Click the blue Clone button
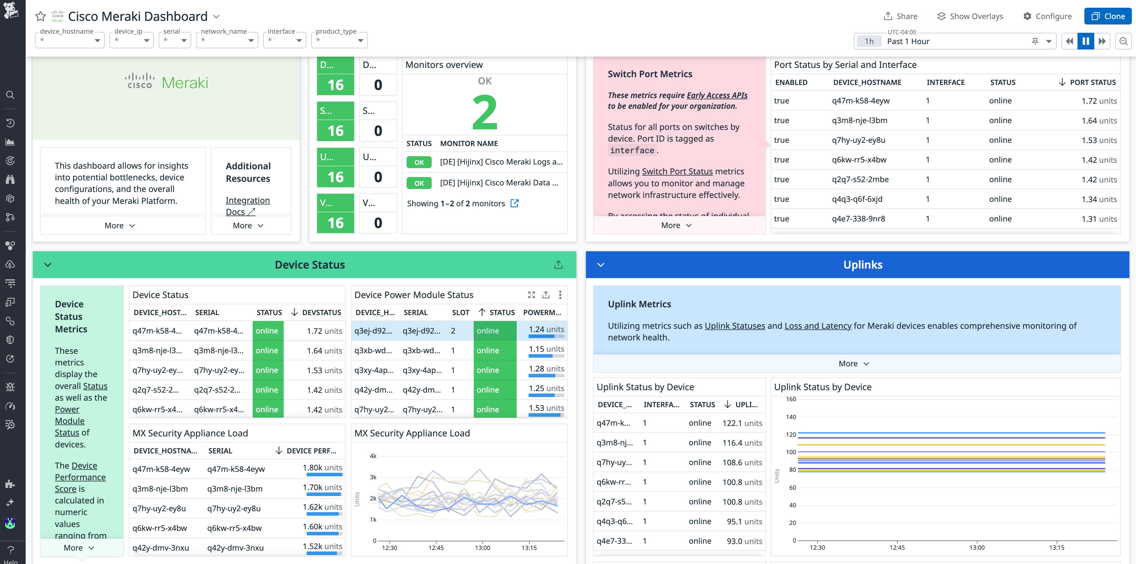click(1107, 16)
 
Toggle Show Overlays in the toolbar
click(970, 16)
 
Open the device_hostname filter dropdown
click(70, 40)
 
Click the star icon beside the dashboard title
click(41, 16)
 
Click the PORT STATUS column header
click(1092, 82)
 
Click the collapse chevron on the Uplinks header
click(600, 265)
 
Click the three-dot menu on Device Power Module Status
click(560, 295)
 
